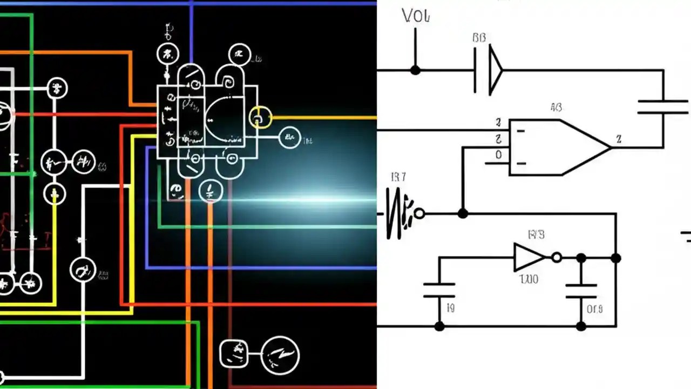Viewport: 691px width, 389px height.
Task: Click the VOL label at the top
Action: click(x=416, y=16)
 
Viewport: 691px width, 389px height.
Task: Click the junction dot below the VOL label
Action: click(x=415, y=70)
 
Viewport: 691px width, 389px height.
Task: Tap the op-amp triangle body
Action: click(x=556, y=147)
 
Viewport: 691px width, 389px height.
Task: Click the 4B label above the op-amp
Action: click(x=555, y=108)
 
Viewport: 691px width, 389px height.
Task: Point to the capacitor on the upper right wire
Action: click(x=663, y=106)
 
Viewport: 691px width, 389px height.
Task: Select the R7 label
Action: click(x=398, y=177)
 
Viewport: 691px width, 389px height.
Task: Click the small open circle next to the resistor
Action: click(x=419, y=214)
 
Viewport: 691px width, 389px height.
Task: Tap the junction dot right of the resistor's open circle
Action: click(x=463, y=213)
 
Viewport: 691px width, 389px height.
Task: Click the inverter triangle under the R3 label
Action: click(x=528, y=258)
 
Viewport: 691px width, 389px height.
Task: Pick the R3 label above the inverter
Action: click(x=536, y=234)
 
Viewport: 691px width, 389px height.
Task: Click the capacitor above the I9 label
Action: click(x=439, y=290)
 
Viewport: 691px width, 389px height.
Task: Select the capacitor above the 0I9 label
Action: click(x=581, y=291)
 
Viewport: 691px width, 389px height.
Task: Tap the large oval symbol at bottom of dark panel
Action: click(x=281, y=355)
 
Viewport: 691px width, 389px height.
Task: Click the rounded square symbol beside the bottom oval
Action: click(x=235, y=354)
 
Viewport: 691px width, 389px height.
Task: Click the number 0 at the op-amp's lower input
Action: click(x=499, y=155)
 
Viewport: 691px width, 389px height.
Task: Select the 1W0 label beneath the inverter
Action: click(x=529, y=280)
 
